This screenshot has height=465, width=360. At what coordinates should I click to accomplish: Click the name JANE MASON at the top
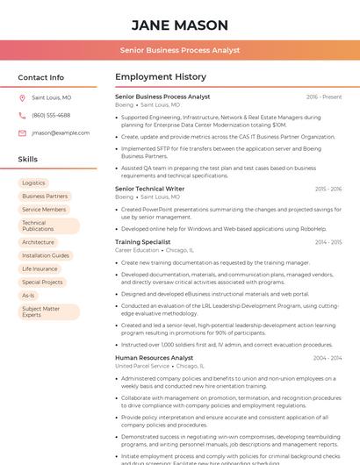coord(179,25)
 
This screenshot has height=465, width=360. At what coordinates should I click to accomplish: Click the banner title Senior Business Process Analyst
coord(179,50)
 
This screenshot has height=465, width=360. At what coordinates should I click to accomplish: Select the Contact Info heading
coord(41,77)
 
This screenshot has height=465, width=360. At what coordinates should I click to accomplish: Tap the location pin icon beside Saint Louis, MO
coord(22,98)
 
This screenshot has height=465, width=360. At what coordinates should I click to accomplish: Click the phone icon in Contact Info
coord(22,115)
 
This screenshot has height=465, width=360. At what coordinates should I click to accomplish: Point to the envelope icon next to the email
coord(22,133)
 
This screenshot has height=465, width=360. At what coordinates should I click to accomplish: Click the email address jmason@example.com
coord(61,133)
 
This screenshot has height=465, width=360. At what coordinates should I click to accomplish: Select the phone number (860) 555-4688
coord(51,115)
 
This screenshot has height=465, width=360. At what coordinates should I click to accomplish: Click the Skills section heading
coord(28,159)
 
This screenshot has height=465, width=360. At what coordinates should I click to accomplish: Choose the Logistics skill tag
coord(34,182)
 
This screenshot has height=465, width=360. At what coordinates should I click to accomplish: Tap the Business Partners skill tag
coord(45,197)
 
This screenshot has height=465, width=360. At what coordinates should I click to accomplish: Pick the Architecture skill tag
coord(38,242)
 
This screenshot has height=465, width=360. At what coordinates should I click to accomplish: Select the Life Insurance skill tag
coord(40,268)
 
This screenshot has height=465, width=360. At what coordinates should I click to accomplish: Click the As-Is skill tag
coord(28,296)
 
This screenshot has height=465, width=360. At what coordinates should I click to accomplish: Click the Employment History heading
coord(161,77)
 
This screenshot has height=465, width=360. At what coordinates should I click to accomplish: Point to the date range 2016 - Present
coord(324,97)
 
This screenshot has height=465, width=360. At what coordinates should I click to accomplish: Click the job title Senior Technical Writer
coord(150,189)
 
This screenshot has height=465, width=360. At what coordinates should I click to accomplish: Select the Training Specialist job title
coord(143,241)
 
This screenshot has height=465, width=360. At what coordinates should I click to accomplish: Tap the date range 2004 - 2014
coord(328,358)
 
